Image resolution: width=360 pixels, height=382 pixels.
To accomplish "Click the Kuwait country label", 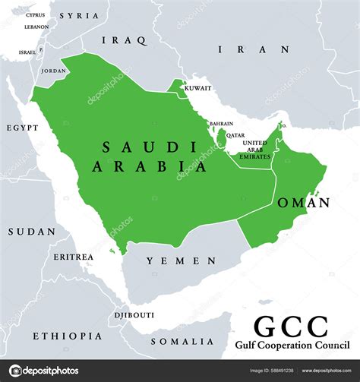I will [x=197, y=88].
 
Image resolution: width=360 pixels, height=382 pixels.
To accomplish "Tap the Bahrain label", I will [x=221, y=123].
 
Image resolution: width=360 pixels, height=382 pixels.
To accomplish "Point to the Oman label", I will [x=304, y=203].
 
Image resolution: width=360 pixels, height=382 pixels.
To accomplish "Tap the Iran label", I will [x=254, y=49].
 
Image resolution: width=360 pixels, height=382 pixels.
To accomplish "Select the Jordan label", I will [x=53, y=71].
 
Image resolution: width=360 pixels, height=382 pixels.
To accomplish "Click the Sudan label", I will [x=31, y=232].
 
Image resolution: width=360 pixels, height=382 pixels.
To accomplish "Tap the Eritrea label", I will [x=74, y=257].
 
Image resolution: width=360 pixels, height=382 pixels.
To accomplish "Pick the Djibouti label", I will [x=134, y=314].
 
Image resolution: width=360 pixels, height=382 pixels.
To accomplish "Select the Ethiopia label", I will [x=67, y=335].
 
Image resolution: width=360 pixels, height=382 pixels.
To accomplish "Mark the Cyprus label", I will [x=35, y=14].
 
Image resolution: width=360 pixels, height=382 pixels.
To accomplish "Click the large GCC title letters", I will [x=291, y=327].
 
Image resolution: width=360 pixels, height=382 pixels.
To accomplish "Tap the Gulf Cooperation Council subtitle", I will [x=291, y=346].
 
